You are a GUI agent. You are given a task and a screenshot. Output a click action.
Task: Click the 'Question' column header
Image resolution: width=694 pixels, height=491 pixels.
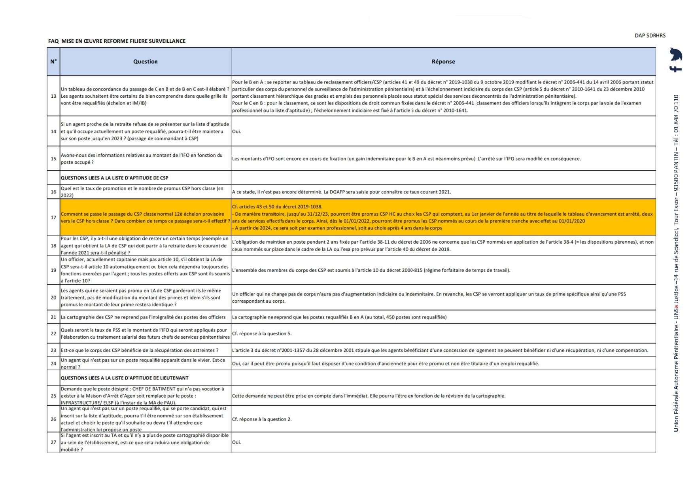pos(145,62)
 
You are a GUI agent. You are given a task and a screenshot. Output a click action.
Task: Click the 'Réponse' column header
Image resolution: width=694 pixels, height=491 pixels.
pos(443,62)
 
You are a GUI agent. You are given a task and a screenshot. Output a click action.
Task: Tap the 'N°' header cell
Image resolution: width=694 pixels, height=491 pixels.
pos(53,62)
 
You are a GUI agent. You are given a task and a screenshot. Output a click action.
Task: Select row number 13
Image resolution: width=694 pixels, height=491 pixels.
pos(53,96)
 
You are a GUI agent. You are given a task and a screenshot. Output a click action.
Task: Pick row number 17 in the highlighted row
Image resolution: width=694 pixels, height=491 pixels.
pos(53,217)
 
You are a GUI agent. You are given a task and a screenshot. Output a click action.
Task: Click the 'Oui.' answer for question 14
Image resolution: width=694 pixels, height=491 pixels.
pos(236,131)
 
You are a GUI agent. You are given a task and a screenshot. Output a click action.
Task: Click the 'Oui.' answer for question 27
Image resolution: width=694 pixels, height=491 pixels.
pos(236,442)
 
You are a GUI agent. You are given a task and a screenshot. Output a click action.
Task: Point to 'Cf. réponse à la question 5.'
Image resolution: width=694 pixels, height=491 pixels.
pos(261,334)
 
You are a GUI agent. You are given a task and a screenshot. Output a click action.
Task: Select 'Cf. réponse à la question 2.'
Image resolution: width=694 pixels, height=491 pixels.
pos(261,419)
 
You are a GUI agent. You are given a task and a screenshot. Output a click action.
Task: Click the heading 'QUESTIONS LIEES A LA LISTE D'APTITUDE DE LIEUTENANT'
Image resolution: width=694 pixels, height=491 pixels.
pos(125,378)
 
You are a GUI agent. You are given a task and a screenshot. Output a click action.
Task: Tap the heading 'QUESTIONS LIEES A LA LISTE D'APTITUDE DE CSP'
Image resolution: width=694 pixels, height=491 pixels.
pos(114,178)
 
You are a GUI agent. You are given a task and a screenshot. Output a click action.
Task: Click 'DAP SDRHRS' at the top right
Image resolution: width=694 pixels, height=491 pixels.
pos(650,36)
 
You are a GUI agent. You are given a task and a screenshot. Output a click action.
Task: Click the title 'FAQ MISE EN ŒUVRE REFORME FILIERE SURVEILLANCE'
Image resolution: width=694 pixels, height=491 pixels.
pos(117,41)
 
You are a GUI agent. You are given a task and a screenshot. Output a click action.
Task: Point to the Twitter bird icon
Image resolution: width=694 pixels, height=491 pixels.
pos(676,54)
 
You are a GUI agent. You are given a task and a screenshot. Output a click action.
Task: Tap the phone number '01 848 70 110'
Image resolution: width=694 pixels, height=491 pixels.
pos(676,114)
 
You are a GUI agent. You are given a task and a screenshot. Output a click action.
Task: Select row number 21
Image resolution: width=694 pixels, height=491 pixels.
pos(53,317)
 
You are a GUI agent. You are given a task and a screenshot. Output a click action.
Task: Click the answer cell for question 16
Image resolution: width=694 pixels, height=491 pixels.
pos(341,192)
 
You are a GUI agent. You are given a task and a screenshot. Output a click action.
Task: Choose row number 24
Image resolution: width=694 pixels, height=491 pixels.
pos(53,364)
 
